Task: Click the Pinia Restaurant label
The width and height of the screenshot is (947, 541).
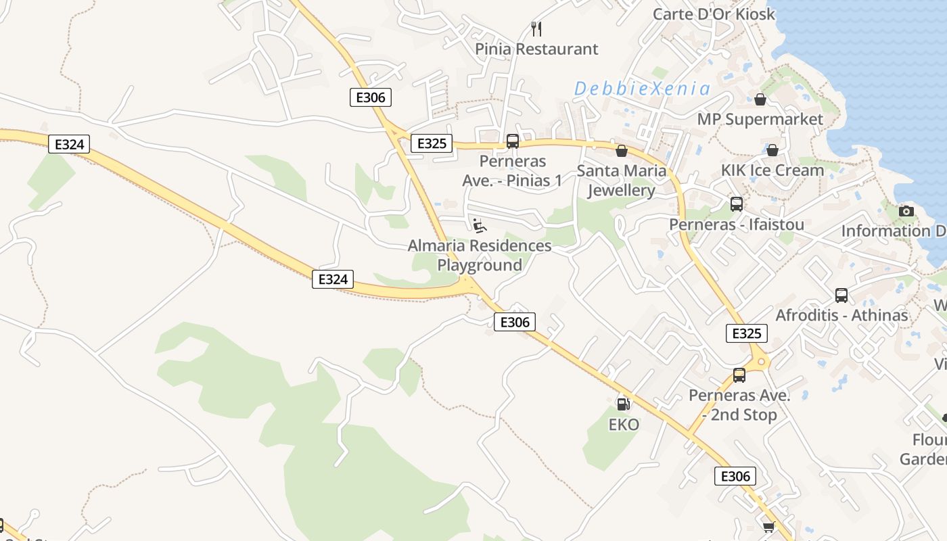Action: (x=536, y=49)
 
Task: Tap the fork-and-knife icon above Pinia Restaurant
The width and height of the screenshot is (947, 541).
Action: (x=536, y=28)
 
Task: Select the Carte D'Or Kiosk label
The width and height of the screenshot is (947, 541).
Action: (x=714, y=14)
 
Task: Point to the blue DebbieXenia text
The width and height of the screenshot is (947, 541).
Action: (x=642, y=89)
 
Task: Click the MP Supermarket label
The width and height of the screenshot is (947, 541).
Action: (x=760, y=119)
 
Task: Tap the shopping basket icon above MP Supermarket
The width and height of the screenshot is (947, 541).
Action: (x=760, y=99)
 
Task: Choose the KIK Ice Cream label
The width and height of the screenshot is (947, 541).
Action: (x=772, y=170)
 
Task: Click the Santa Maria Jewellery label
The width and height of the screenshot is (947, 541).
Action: (x=622, y=181)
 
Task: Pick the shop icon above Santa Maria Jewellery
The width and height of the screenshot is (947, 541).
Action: (x=622, y=151)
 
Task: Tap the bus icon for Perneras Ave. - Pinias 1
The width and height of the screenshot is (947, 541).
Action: (x=513, y=141)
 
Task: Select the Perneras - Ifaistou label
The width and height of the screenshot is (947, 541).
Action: (x=737, y=224)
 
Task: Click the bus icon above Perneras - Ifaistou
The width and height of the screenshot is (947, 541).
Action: (x=737, y=204)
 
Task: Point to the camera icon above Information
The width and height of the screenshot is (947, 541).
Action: (x=906, y=211)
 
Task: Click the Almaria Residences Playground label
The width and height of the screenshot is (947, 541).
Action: (x=480, y=255)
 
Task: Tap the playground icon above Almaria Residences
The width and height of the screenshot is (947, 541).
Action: (x=480, y=225)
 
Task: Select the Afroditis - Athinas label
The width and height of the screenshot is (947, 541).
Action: (x=841, y=315)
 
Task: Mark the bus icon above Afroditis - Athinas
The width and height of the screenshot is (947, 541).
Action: (x=841, y=295)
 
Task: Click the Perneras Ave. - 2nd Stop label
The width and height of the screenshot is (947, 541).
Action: (x=739, y=404)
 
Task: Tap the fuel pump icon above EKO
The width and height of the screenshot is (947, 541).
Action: (x=624, y=404)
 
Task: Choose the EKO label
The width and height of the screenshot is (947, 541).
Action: (x=624, y=425)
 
